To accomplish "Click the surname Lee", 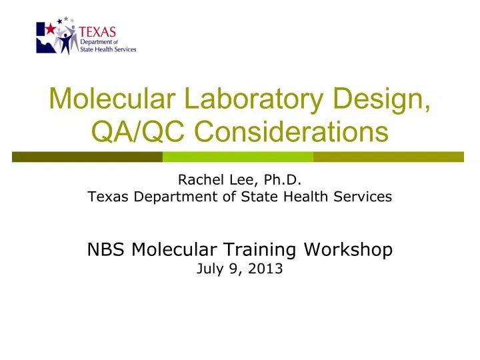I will (x=239, y=179).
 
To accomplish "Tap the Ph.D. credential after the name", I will (x=279, y=179).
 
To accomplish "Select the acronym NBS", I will (x=107, y=249).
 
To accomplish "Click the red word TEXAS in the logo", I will (x=97, y=31).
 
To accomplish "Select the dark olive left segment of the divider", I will (x=87, y=157).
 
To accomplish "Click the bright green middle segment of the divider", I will (x=238, y=157).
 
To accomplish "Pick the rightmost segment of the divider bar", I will (x=388, y=157).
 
